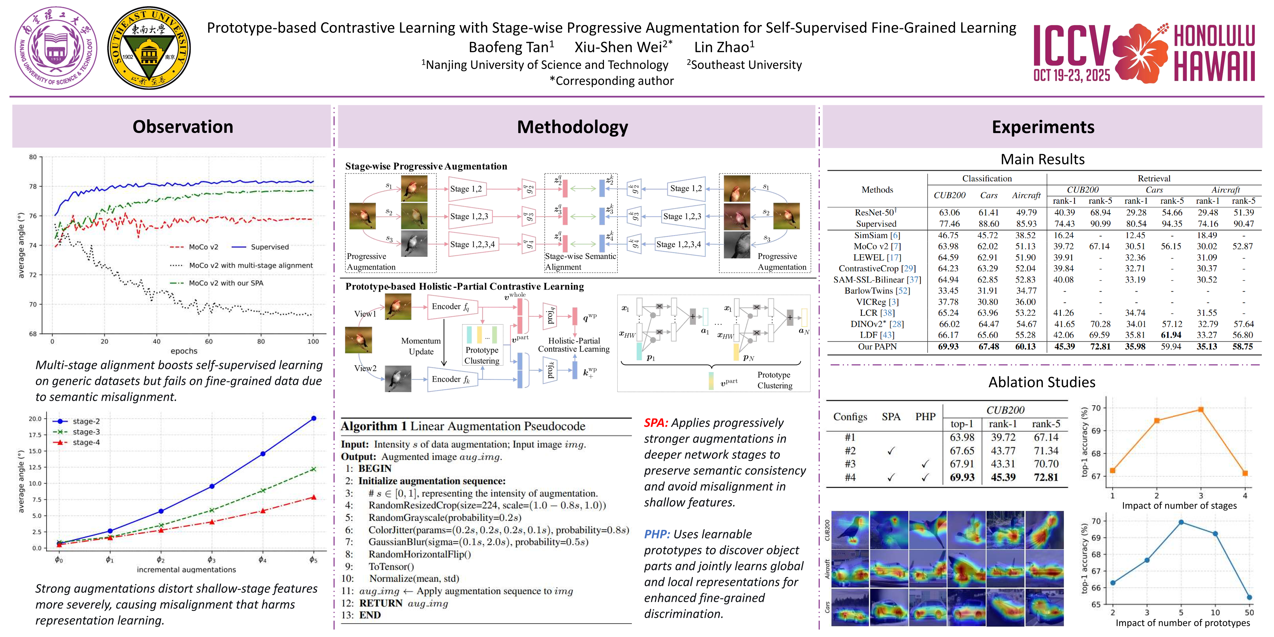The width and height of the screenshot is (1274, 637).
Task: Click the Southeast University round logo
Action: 149,48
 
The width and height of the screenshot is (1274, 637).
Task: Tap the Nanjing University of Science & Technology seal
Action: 56,48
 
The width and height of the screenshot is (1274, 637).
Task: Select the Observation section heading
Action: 182,127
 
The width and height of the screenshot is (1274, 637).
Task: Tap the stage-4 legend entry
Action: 86,442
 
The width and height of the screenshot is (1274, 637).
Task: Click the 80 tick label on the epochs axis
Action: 261,341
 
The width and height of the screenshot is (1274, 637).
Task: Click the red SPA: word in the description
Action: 656,423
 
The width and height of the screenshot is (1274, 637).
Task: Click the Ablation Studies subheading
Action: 1042,382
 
